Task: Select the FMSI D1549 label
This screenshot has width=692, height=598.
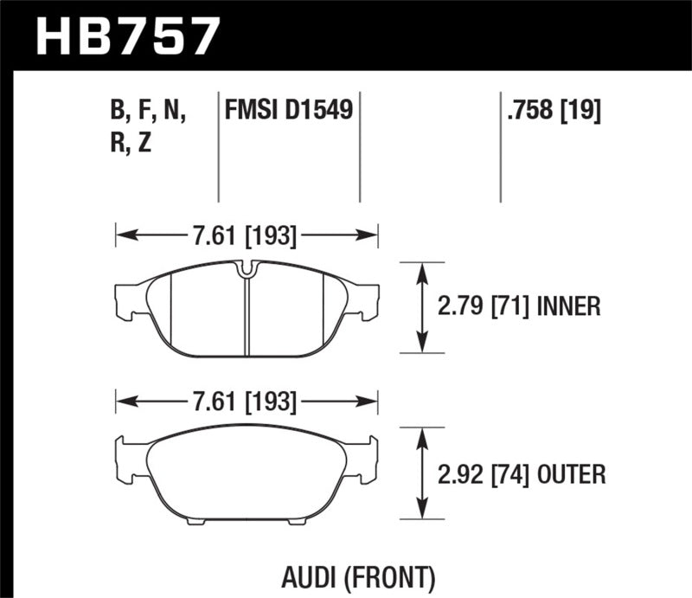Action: pos(288,111)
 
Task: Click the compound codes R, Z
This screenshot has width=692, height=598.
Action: pos(131,144)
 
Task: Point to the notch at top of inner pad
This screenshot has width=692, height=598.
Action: pos(246,269)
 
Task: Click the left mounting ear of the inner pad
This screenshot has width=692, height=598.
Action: pos(128,299)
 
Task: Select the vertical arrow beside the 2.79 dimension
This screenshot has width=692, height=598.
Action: pos(421,306)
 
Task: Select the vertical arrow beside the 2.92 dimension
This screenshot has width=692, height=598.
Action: pos(421,473)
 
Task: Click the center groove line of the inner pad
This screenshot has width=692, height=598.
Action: pos(247,316)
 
